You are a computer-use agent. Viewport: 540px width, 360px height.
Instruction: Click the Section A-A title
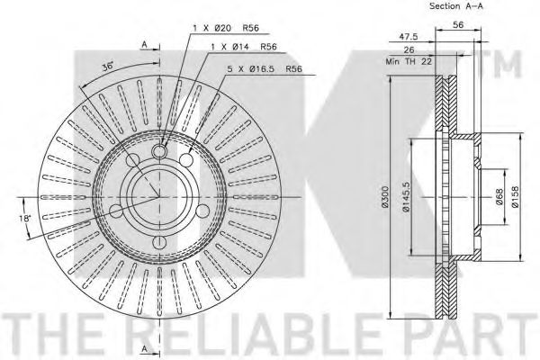click(456, 6)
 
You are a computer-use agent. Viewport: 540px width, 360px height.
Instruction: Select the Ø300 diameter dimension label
click(385, 197)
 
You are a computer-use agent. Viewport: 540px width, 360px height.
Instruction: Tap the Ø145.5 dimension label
click(406, 197)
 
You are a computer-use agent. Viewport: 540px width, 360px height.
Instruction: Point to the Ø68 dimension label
click(500, 197)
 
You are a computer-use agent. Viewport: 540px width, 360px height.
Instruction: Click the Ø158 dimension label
click(515, 197)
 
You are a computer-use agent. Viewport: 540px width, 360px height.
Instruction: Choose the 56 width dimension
click(458, 24)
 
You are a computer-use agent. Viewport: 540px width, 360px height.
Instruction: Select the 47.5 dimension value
click(409, 37)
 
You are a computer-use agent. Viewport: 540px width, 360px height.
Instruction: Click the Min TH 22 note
click(409, 61)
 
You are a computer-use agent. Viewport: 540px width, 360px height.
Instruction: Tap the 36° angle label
click(108, 67)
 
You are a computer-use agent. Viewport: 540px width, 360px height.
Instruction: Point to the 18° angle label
click(24, 219)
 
